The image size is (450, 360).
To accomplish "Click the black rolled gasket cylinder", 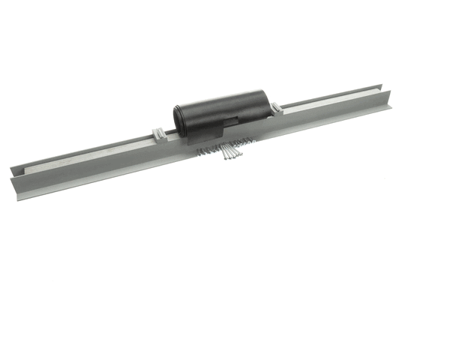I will point(225,109).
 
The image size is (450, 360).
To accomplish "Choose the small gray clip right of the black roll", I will point(277,108).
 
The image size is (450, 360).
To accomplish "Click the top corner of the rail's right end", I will point(390,91).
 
